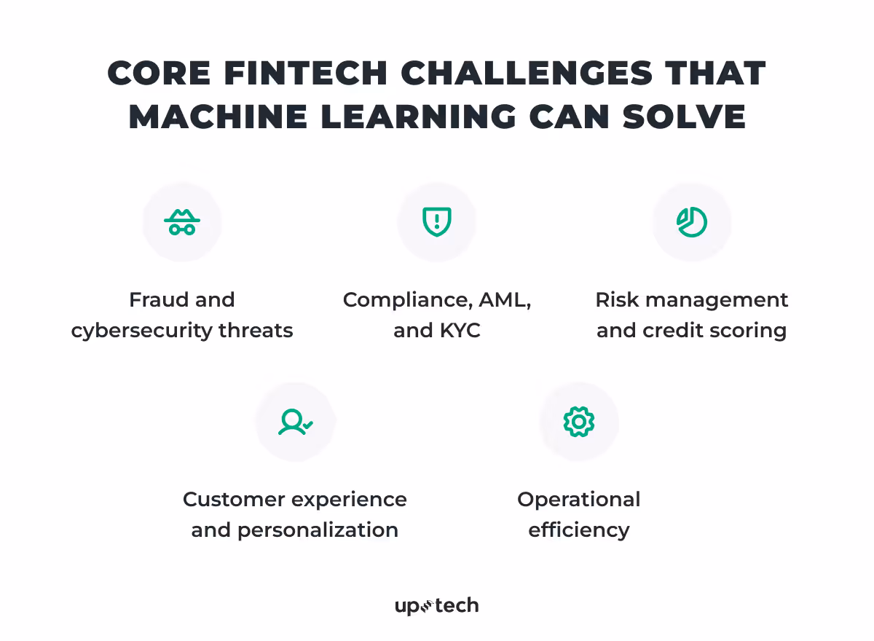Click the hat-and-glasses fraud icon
tap(182, 222)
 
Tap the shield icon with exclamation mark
tap(437, 222)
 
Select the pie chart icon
tap(692, 222)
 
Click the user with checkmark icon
tap(295, 422)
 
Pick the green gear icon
tap(579, 422)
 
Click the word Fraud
tap(154, 300)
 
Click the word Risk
tap(613, 300)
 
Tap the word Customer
tap(230, 500)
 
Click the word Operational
tap(579, 500)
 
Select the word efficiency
tap(579, 530)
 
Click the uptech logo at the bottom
tap(437, 605)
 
